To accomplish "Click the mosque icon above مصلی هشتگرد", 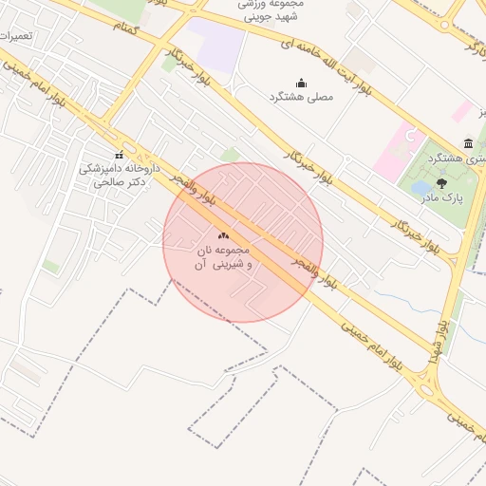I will pyautogui.click(x=301, y=82).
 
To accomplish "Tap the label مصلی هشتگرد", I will pyautogui.click(x=302, y=97).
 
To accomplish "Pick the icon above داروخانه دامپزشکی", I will pyautogui.click(x=119, y=155).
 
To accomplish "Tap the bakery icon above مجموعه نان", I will pyautogui.click(x=223, y=234).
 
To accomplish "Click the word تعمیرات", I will pyautogui.click(x=17, y=35).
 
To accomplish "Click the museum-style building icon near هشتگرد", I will pyautogui.click(x=468, y=142).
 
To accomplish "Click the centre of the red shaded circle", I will pyautogui.click(x=243, y=242).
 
